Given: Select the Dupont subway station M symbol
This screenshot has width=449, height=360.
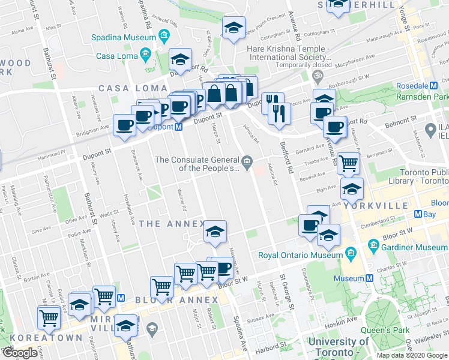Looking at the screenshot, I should tap(178, 127).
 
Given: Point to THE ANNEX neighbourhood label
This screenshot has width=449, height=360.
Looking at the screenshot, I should tap(171, 224).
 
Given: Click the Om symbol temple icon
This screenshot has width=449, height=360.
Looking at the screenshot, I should tap(317, 76).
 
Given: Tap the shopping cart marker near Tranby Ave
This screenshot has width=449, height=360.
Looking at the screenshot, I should tap(348, 163).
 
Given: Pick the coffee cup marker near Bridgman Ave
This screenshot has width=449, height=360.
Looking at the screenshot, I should tap(124, 125).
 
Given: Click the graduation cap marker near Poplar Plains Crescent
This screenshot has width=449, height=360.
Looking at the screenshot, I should tap(234, 28).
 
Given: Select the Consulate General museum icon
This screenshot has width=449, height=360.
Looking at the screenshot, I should tap(247, 160).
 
